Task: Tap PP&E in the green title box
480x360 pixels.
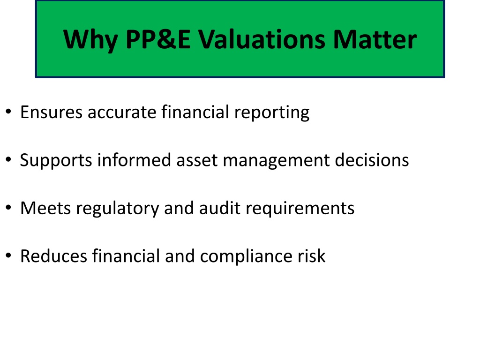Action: (x=158, y=39)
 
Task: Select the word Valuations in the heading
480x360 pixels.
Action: (x=262, y=39)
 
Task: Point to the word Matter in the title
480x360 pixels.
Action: (x=375, y=39)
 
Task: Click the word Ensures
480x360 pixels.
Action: (x=52, y=112)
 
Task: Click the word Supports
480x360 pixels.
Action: (x=56, y=160)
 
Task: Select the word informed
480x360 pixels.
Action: (x=134, y=160)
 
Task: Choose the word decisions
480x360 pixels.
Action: (x=372, y=160)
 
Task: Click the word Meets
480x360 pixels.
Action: (x=45, y=208)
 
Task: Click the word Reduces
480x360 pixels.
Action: (x=53, y=256)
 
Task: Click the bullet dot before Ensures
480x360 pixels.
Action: (x=8, y=112)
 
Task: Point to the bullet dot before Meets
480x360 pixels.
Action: (x=8, y=208)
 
